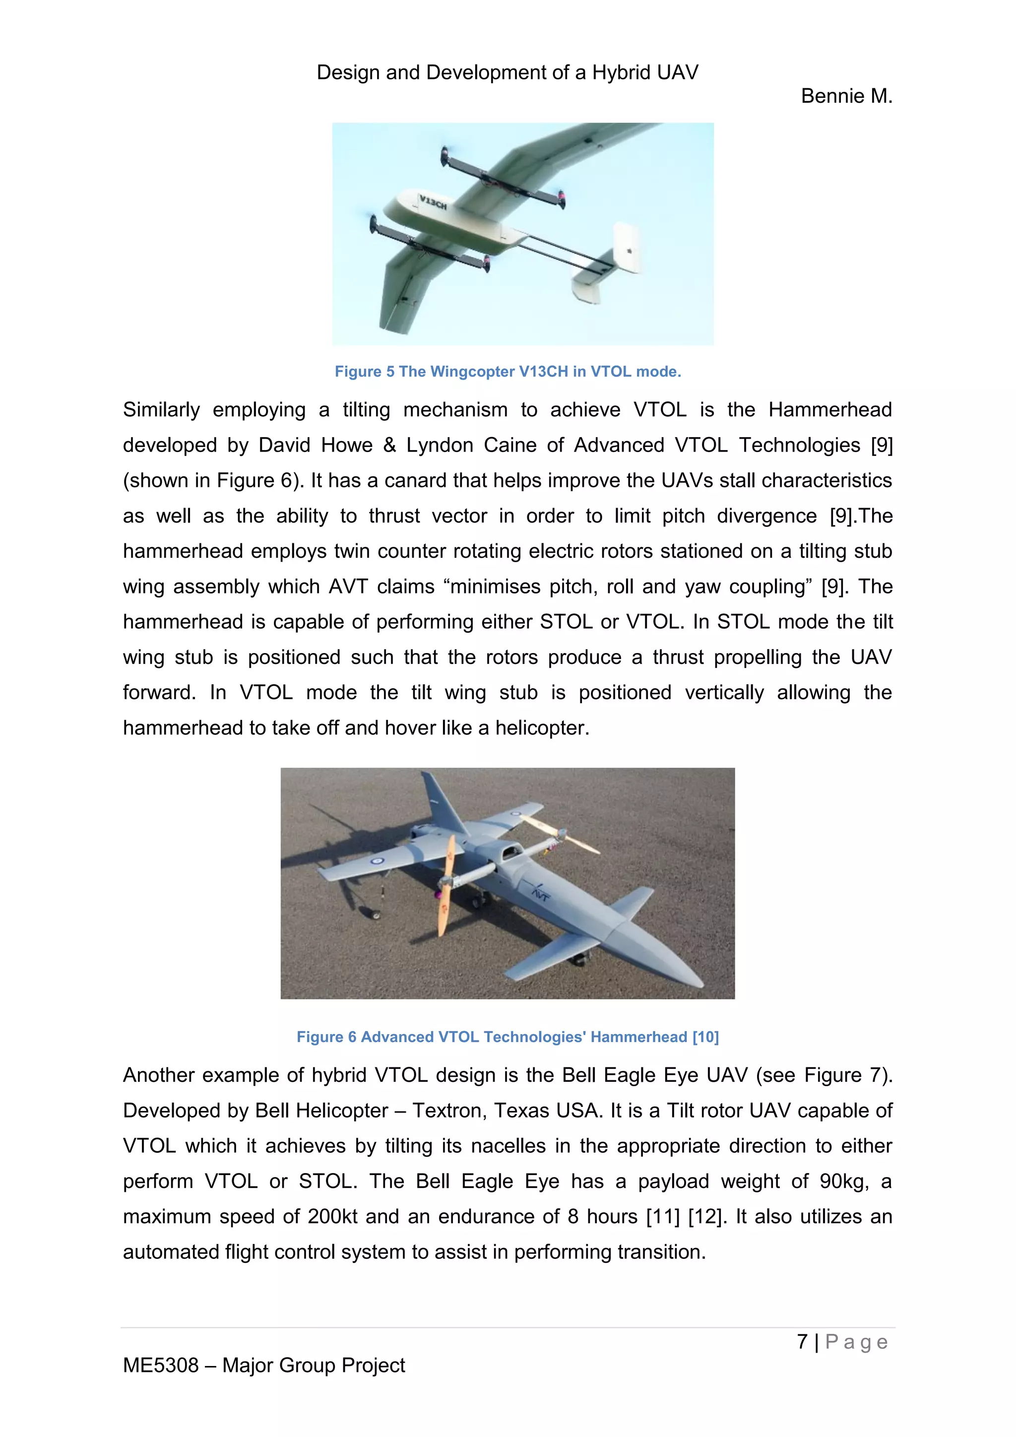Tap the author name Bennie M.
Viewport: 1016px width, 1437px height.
846,96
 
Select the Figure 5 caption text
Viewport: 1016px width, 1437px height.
508,372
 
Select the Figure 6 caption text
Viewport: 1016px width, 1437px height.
508,1037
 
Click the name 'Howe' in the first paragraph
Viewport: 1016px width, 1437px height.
347,445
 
